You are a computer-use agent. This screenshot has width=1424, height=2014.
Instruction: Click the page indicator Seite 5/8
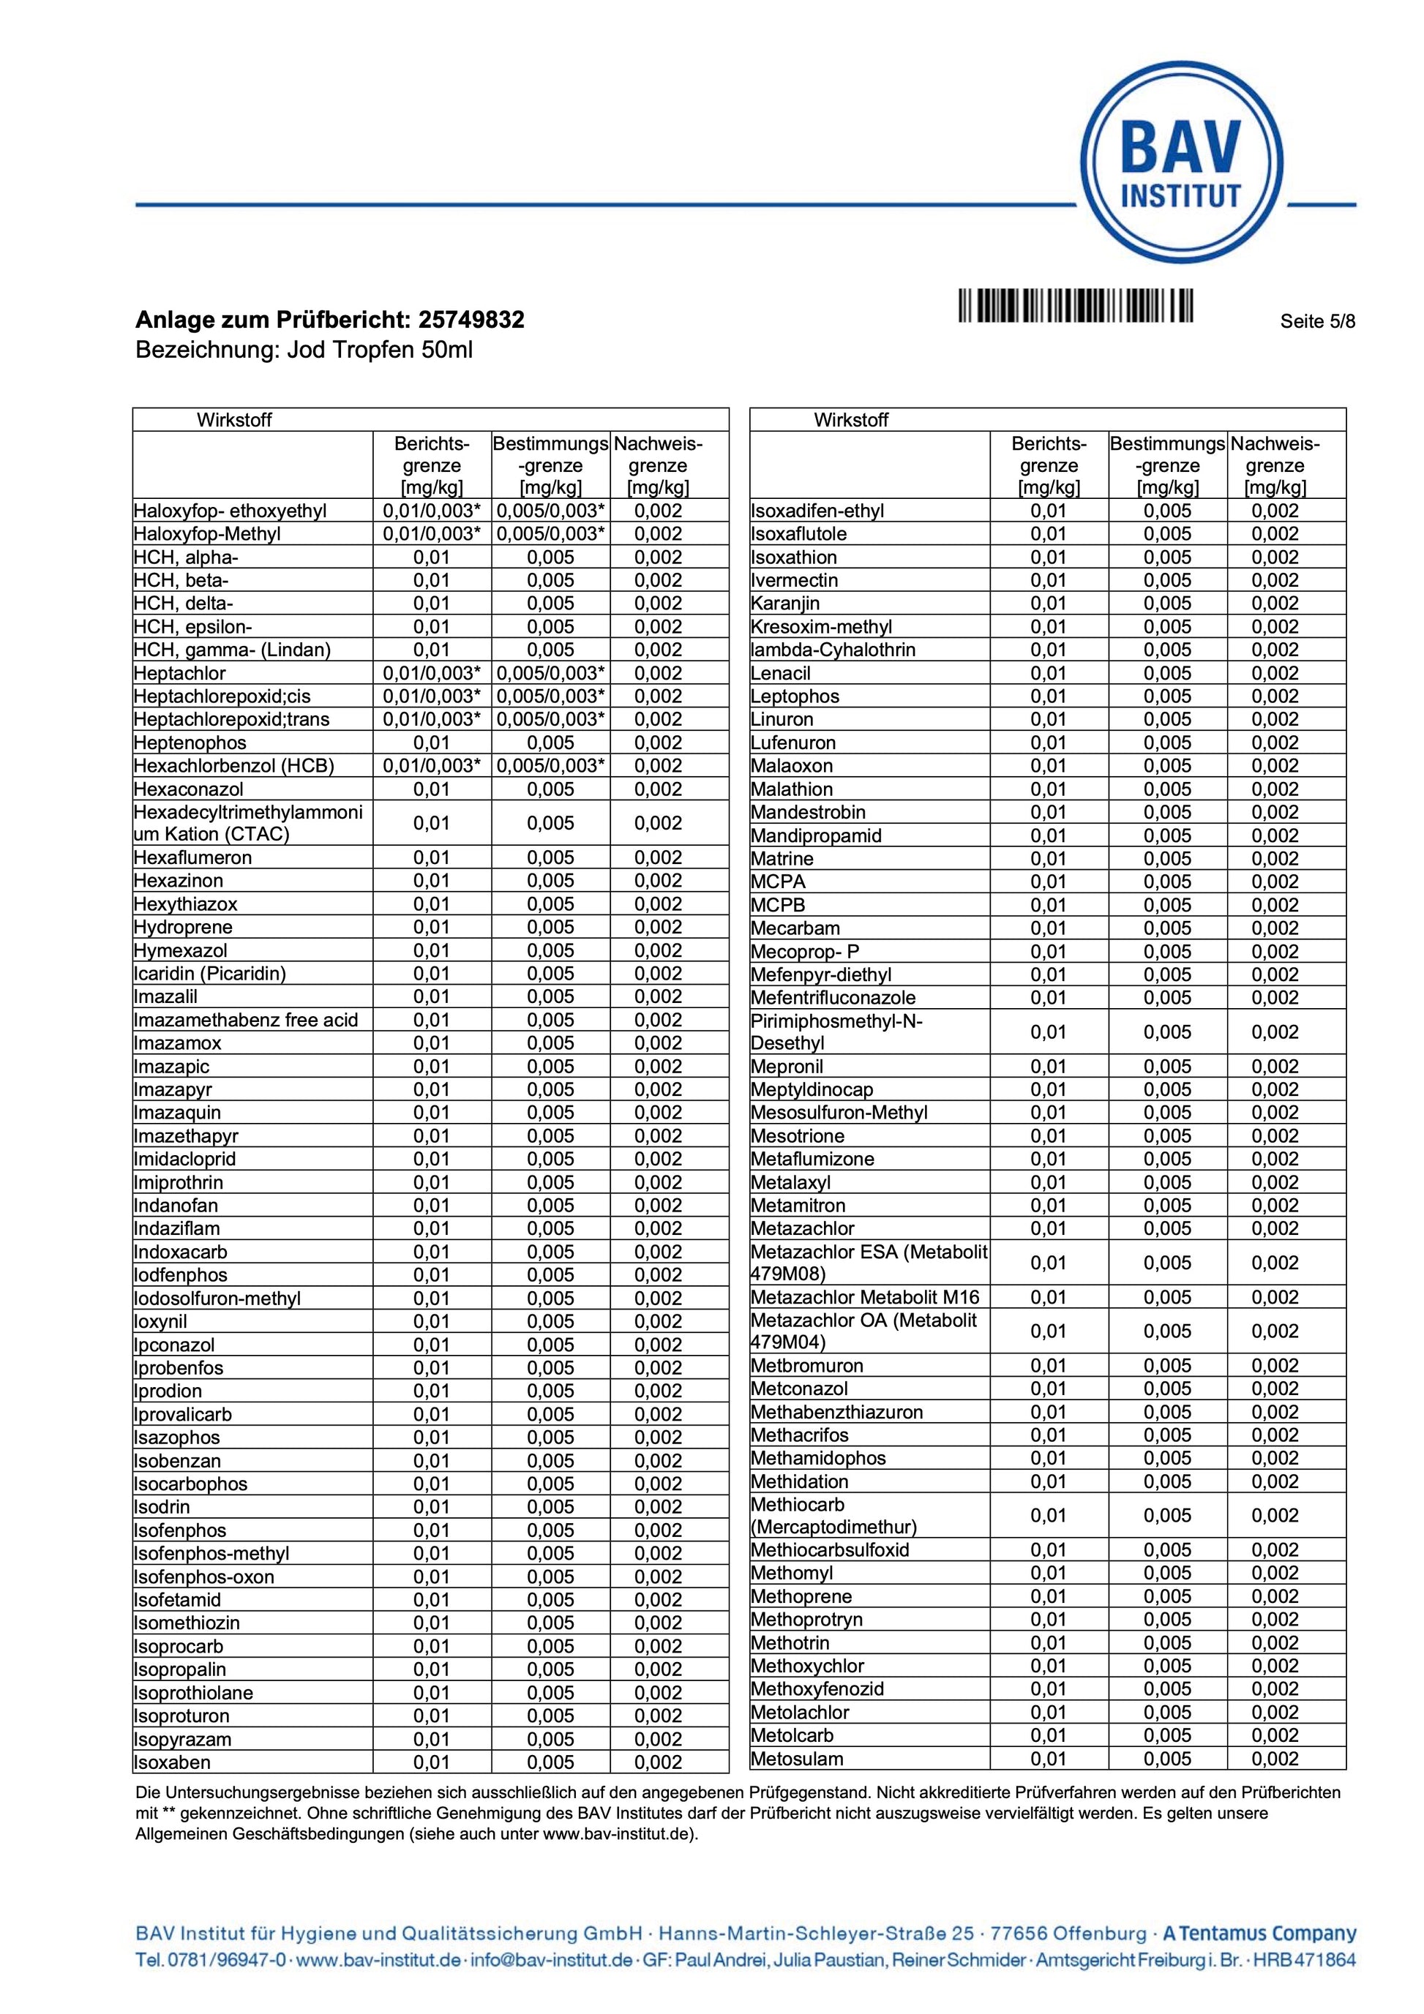[1317, 321]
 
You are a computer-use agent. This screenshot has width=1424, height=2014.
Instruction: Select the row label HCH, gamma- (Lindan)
[233, 650]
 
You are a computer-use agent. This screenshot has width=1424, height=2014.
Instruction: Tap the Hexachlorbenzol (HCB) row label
[234, 766]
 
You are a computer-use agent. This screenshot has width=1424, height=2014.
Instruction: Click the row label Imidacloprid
[185, 1159]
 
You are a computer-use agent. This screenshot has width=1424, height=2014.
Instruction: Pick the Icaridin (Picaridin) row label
[210, 974]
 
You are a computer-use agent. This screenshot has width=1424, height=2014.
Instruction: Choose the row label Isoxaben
[172, 1762]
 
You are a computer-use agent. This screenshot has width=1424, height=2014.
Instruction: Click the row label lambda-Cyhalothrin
[833, 650]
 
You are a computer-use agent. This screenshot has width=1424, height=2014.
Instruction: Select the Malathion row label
[792, 789]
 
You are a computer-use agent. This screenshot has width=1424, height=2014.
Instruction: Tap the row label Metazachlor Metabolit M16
[864, 1297]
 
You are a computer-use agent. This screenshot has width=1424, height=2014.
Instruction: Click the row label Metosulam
[797, 1759]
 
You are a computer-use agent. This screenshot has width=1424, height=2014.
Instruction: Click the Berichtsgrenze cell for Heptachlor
[432, 674]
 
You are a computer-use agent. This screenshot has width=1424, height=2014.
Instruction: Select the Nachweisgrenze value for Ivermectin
[1274, 581]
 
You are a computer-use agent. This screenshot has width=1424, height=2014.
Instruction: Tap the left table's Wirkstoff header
[234, 420]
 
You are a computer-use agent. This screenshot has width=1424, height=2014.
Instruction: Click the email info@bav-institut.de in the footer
[551, 1961]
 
